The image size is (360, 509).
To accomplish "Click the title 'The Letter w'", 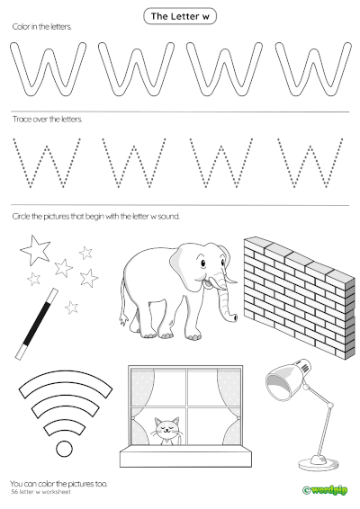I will (x=181, y=16).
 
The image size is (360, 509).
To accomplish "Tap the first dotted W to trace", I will (x=48, y=163).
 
